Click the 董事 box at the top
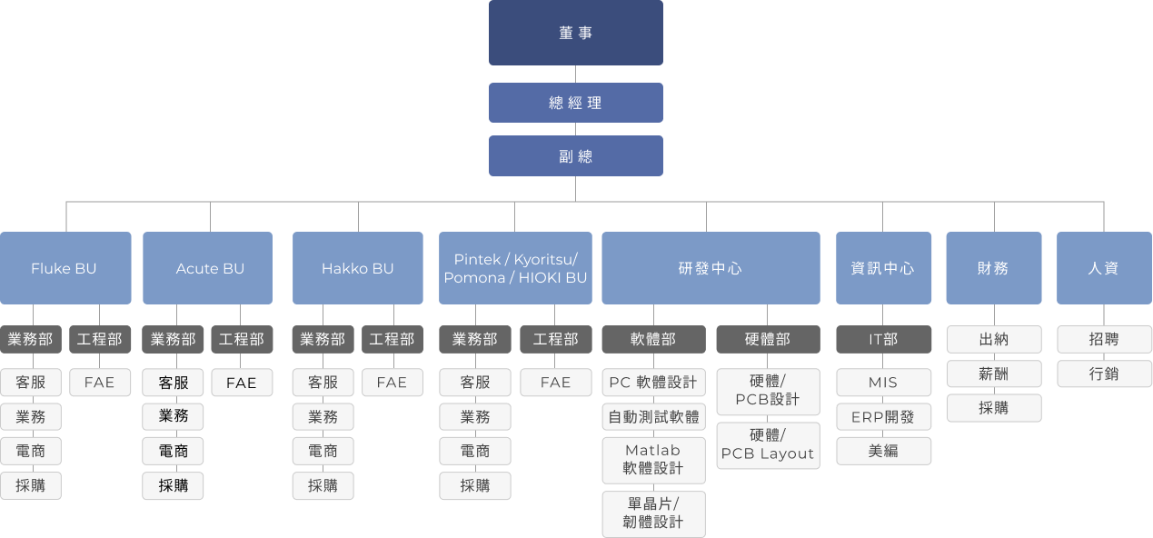coord(575,33)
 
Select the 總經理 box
coord(575,103)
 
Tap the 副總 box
coord(575,155)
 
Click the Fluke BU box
coord(65,268)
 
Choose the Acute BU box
coord(207,268)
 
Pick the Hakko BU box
coord(357,268)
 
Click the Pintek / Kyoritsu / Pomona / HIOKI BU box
coord(515,268)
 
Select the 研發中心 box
coord(710,268)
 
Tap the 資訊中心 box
coord(883,268)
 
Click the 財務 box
coord(993,268)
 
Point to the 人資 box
coord(1103,268)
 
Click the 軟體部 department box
coord(653,339)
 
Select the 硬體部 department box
coord(768,339)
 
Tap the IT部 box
coord(883,339)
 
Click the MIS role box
coord(883,383)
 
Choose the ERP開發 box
coord(883,417)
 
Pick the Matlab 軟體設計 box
coord(653,460)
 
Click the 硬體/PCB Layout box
coord(768,445)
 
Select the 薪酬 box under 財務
coord(993,374)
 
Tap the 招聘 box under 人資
coord(1103,339)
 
